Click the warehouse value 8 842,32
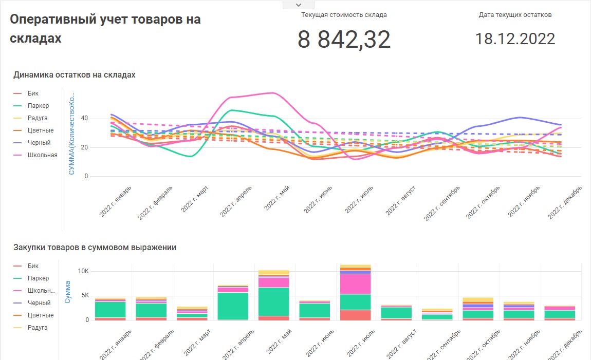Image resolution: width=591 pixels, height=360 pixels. click(x=344, y=40)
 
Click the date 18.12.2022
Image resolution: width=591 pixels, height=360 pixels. click(x=514, y=39)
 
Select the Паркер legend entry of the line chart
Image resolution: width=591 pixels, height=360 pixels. click(x=39, y=106)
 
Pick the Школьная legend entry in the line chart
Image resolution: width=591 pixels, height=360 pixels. click(x=43, y=155)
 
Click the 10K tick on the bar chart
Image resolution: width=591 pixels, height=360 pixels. click(x=83, y=271)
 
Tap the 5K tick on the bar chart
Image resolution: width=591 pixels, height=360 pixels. click(x=85, y=295)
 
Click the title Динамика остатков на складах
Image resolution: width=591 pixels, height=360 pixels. click(x=75, y=75)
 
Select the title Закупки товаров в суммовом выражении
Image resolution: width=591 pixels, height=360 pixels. click(x=95, y=248)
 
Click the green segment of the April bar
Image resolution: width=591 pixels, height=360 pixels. click(x=233, y=306)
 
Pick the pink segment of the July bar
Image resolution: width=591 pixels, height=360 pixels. click(x=355, y=284)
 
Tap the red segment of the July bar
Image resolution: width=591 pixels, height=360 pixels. click(x=355, y=315)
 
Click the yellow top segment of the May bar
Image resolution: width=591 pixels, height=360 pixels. click(x=273, y=272)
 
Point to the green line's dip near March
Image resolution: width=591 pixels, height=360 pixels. click(x=191, y=156)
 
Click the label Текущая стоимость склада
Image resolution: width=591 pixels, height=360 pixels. click(x=344, y=15)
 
